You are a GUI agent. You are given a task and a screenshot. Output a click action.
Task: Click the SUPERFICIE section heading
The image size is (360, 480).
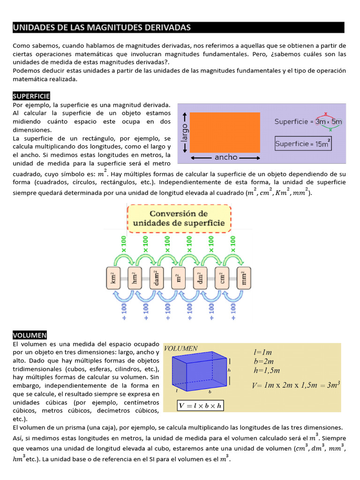[31, 96]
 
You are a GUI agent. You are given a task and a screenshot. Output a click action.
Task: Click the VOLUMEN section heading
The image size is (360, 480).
[30, 335]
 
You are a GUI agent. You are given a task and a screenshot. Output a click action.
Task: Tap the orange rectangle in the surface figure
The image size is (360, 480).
[225, 132]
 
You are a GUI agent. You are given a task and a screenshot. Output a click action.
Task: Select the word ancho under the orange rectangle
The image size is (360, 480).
[226, 157]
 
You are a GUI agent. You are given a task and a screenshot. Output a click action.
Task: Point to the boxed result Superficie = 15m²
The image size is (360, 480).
[303, 144]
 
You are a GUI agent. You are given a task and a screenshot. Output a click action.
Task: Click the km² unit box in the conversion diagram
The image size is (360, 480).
[113, 277]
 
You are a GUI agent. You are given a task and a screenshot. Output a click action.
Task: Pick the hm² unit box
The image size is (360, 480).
[135, 277]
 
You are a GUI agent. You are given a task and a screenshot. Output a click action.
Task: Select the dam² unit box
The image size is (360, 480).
[157, 277]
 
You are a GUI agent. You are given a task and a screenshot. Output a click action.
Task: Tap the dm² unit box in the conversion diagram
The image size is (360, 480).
[201, 277]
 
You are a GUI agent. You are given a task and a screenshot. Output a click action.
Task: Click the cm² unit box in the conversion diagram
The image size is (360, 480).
[222, 277]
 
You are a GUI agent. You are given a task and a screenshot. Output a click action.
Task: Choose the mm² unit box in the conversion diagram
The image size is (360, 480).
[244, 277]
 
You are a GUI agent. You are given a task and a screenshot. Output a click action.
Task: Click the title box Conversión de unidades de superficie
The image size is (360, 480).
[179, 218]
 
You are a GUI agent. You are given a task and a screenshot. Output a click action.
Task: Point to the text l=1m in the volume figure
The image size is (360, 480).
[262, 352]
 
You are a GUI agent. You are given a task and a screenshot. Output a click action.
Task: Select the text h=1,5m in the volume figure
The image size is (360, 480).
[266, 370]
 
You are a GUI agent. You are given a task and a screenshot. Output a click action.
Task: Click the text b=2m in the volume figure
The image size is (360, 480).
[263, 361]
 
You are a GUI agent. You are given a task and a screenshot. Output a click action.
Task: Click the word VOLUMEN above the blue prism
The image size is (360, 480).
[181, 348]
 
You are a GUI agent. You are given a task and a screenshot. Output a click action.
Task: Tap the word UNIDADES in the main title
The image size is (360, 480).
[31, 28]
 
